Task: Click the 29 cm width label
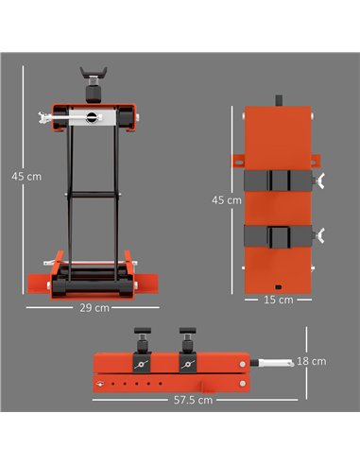click(94, 308)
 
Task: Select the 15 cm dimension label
click(279, 299)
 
